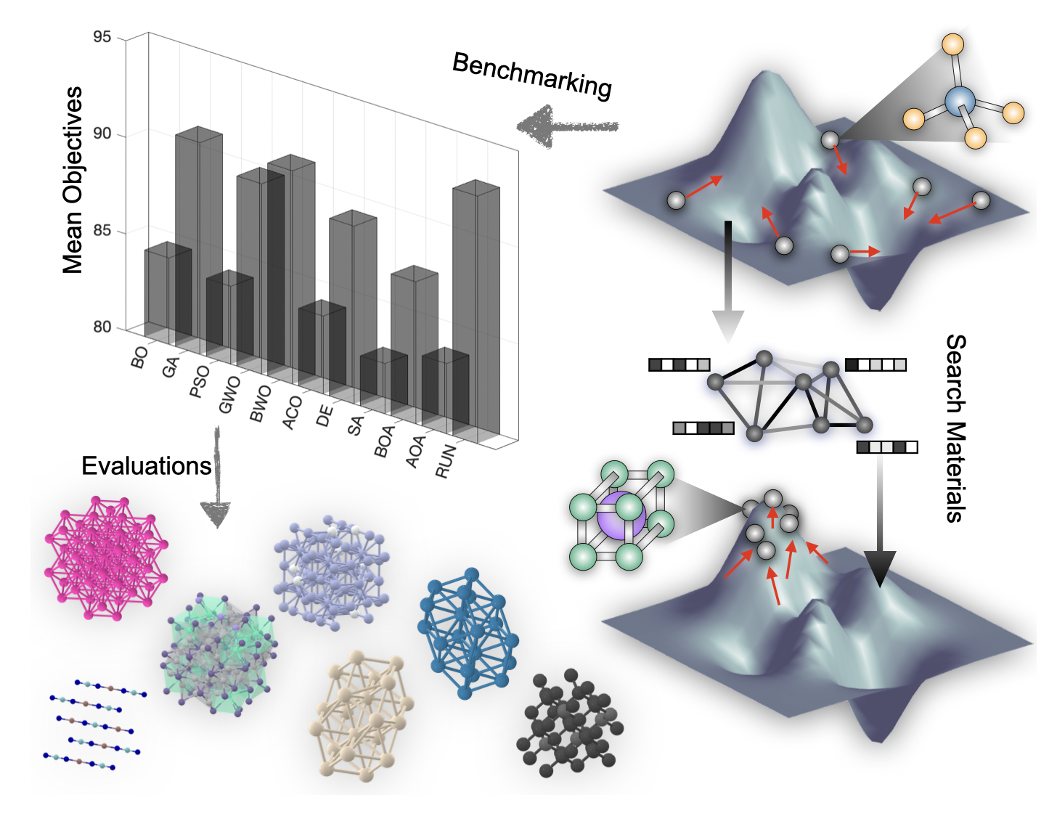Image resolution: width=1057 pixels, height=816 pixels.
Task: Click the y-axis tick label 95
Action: click(102, 37)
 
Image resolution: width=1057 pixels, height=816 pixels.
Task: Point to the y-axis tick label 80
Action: click(102, 327)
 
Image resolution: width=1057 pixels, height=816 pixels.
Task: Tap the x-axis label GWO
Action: click(229, 394)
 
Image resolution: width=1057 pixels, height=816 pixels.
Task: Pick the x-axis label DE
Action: click(325, 416)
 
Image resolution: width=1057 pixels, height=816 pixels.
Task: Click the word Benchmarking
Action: click(532, 76)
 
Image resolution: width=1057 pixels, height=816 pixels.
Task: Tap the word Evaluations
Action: click(146, 465)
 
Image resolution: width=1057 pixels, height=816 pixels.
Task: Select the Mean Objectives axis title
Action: click(73, 180)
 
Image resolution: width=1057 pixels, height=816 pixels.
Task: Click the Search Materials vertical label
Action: click(955, 428)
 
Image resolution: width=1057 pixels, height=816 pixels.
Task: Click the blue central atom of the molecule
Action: click(960, 101)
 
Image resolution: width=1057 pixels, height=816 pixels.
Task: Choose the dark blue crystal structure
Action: click(468, 633)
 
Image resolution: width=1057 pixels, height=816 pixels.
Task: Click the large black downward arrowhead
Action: click(880, 568)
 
